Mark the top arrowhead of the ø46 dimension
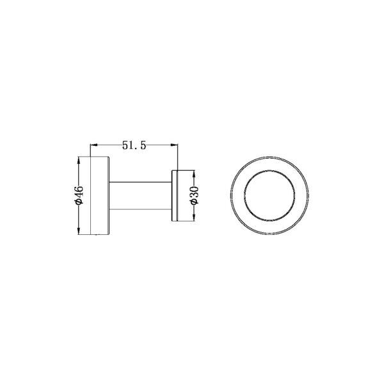(79, 158)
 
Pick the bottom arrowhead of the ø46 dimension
(79, 231)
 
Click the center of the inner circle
(268, 195)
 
